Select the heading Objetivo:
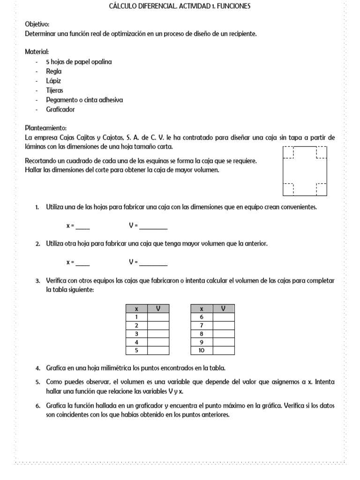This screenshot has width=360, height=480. [x=37, y=24]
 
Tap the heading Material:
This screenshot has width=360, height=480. [x=37, y=52]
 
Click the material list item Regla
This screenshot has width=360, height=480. [x=53, y=71]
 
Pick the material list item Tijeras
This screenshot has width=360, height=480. [x=54, y=90]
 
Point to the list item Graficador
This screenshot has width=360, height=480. [x=60, y=109]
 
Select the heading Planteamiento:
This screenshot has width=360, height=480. [x=45, y=128]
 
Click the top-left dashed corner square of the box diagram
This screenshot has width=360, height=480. [x=288, y=152]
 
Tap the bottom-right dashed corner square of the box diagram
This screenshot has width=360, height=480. [x=322, y=189]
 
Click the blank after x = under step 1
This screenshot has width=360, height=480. [x=82, y=226]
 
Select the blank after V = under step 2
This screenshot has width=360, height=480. [x=153, y=262]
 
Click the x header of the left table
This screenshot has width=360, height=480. [x=136, y=309]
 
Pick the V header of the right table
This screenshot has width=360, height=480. [x=223, y=309]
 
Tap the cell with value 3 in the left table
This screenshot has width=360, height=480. [x=136, y=334]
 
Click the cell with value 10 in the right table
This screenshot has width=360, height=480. [x=202, y=351]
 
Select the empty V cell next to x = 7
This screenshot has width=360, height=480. [x=223, y=325]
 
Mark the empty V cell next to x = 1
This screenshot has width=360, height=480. [x=158, y=317]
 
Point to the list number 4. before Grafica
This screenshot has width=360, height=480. [x=37, y=368]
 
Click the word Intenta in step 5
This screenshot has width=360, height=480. [x=325, y=382]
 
